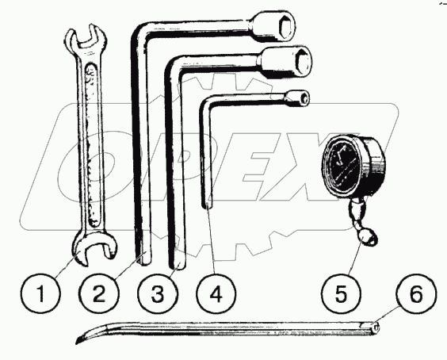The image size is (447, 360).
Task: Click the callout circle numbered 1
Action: pos(41,293)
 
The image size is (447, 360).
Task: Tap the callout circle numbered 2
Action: pos(98,293)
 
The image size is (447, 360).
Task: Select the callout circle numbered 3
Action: pos(158,293)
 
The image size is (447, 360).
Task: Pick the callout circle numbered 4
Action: pos(216,293)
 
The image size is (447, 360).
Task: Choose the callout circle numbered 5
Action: pos(342,293)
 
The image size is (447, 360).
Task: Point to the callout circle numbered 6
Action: pos(416,293)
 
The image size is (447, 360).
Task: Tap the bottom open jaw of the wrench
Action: pos(94,247)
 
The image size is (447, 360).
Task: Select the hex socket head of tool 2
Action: pos(273,26)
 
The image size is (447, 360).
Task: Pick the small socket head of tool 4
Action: pos(297,98)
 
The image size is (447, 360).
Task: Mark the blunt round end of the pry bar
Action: pos(376,327)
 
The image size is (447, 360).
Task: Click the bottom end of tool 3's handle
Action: pos(178,264)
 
